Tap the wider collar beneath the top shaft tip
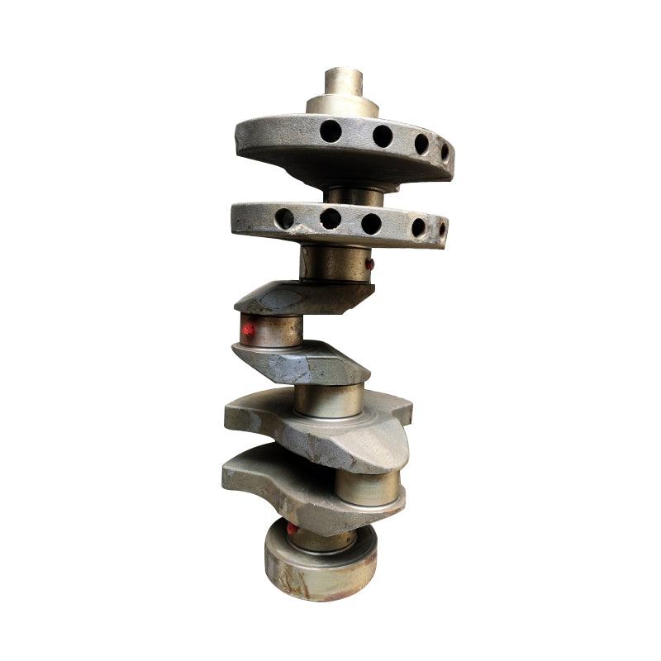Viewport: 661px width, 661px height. tap(342, 105)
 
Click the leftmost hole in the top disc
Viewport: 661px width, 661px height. tap(330, 130)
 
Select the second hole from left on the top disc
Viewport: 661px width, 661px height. tap(382, 136)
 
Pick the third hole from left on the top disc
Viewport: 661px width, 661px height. tap(421, 144)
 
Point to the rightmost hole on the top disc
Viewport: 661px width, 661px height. tap(445, 152)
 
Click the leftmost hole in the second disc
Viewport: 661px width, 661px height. tap(284, 218)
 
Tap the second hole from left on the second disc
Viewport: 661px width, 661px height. tap(330, 218)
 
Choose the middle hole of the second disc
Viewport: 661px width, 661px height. tap(372, 223)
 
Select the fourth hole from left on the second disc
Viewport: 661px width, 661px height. tap(418, 227)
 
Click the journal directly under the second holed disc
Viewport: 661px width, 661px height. tap(335, 264)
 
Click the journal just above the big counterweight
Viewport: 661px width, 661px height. tap(329, 400)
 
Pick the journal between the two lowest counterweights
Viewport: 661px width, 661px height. tap(367, 488)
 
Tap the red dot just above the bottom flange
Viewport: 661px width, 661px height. tap(292, 527)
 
